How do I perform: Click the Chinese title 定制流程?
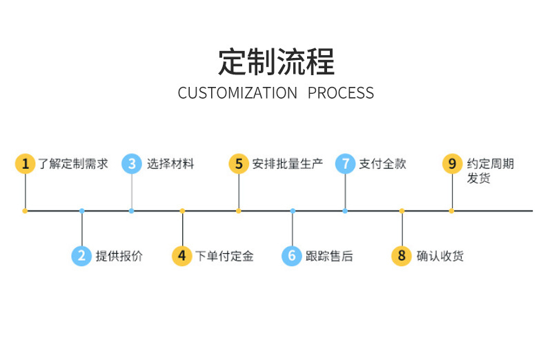coord(276,61)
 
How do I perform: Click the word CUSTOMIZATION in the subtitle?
coord(237,93)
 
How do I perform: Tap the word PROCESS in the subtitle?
coord(341,93)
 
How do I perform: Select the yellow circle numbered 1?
coord(25,163)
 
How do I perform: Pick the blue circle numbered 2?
coord(81,256)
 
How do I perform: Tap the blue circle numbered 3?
coord(131,163)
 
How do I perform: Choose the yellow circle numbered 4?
coord(181,256)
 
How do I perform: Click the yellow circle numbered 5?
coord(238,163)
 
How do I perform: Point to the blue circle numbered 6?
coord(292,256)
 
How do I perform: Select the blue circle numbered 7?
coord(345,163)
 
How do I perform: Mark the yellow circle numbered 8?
coord(401,256)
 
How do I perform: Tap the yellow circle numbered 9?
coord(452,163)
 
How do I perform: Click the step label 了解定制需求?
coord(73,164)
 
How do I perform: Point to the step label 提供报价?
coord(119,257)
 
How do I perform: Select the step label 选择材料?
coord(170,164)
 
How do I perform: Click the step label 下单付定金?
coord(225,257)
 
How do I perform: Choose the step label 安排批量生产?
coord(288,164)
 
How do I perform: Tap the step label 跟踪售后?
coord(329,257)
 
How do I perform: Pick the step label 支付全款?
coord(383,164)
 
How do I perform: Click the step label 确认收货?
coord(440,257)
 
